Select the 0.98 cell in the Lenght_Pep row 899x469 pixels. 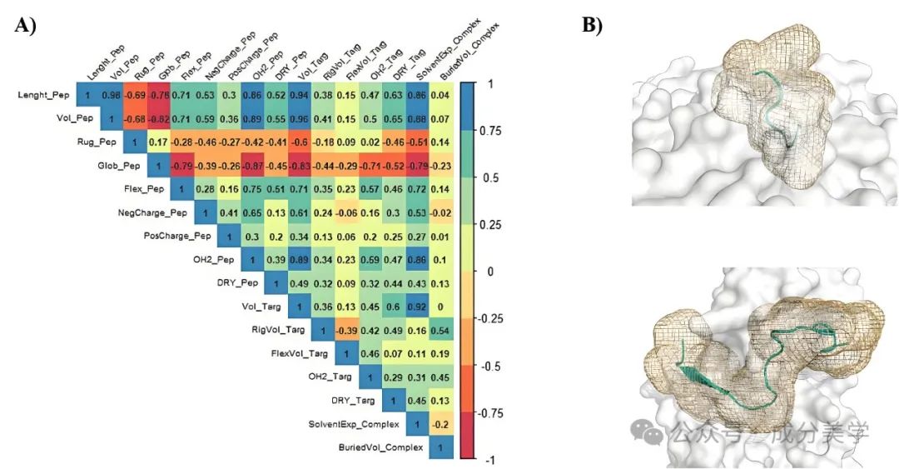tap(110, 95)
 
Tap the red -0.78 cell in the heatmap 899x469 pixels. tap(157, 95)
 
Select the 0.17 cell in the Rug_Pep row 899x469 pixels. tap(157, 142)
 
